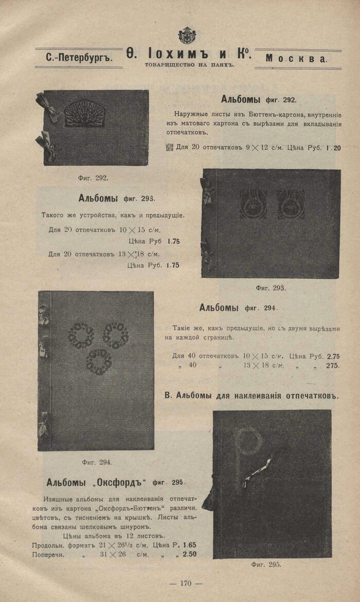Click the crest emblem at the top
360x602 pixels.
(x=187, y=35)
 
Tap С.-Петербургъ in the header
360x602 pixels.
(x=78, y=58)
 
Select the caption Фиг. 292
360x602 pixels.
(x=93, y=178)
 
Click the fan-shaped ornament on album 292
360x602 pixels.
(x=84, y=114)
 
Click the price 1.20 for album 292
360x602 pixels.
(x=333, y=148)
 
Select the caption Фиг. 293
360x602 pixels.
(x=271, y=288)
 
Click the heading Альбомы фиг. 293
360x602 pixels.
(x=117, y=198)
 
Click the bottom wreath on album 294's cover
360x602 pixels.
(x=99, y=361)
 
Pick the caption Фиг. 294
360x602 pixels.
(x=97, y=462)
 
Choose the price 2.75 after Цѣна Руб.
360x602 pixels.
(x=333, y=356)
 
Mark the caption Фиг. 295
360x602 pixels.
(x=266, y=564)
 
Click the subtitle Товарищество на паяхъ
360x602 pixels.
(x=189, y=65)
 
